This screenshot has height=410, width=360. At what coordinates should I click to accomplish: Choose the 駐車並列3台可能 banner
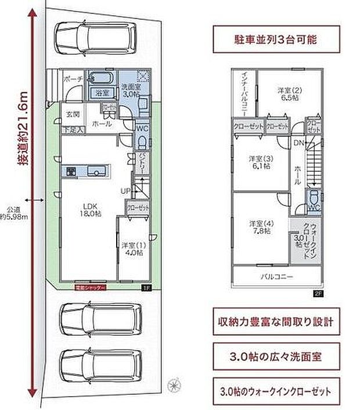click(275, 42)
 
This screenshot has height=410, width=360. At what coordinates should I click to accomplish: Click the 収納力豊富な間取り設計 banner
click(275, 321)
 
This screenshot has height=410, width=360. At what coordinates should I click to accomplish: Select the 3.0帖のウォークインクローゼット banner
click(275, 390)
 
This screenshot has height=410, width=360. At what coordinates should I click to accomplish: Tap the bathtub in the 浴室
click(103, 80)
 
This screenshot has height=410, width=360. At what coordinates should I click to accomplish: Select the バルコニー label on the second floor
click(276, 276)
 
